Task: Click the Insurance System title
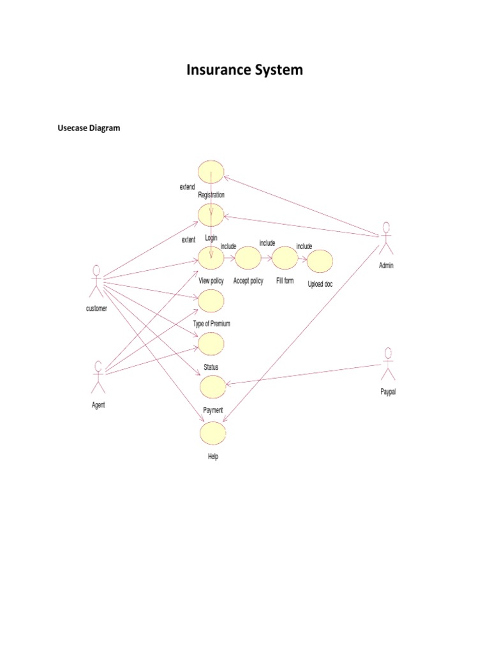click(x=244, y=70)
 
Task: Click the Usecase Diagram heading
click(x=89, y=128)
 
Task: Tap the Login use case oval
click(x=211, y=215)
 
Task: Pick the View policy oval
click(x=211, y=258)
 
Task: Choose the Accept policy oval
click(x=248, y=258)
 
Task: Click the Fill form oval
click(x=285, y=258)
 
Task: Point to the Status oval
click(x=211, y=344)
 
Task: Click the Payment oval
click(x=212, y=386)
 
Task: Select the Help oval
click(x=213, y=433)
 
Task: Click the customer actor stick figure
click(x=96, y=281)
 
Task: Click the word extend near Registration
click(x=188, y=187)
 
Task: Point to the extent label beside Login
click(x=188, y=240)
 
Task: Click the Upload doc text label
click(x=320, y=284)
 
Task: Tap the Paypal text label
click(x=388, y=392)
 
